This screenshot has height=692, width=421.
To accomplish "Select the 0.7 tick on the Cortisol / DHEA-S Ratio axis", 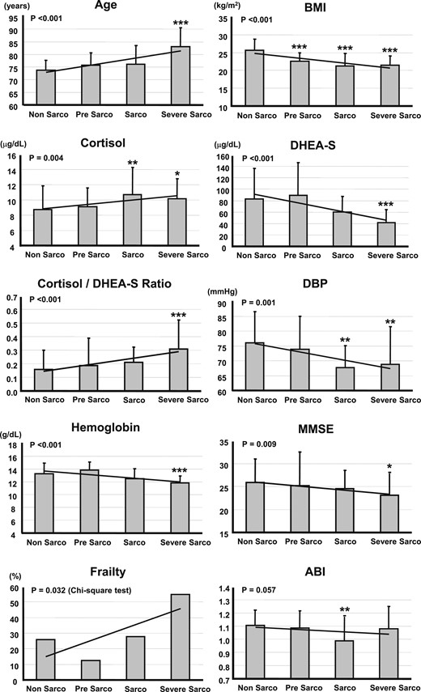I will click(15, 299).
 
